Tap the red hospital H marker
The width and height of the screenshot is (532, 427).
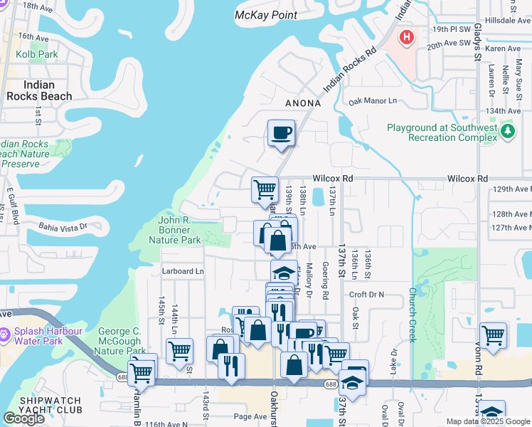tap(406, 37)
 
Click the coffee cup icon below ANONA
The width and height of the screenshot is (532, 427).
tap(282, 132)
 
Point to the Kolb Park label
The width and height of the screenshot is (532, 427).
tap(38, 54)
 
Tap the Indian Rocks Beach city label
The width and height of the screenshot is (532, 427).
tap(39, 90)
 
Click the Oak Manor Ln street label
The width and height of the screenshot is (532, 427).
tap(372, 102)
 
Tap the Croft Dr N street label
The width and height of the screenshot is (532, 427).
tap(366, 294)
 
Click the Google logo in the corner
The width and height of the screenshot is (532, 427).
tap(23, 418)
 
